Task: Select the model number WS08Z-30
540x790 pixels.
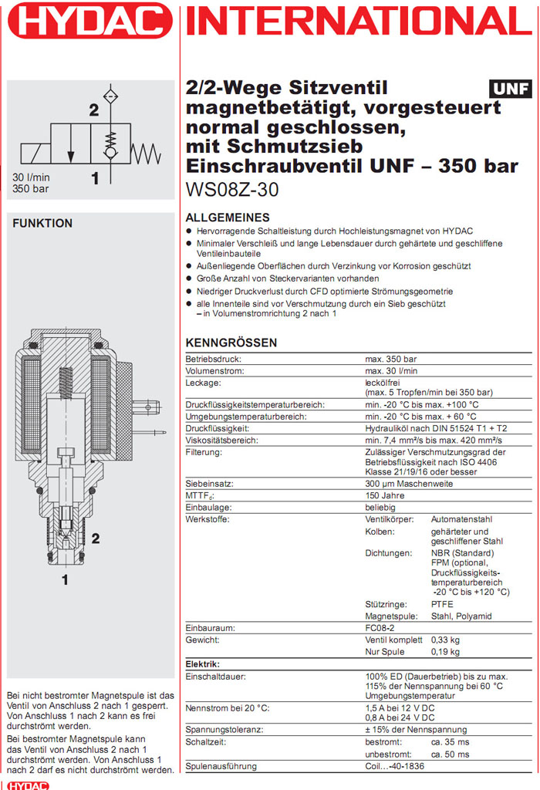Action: click(x=232, y=189)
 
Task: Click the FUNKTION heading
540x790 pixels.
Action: click(x=42, y=224)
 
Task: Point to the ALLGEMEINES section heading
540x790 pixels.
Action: click(x=228, y=218)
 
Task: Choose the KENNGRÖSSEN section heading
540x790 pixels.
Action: click(x=231, y=343)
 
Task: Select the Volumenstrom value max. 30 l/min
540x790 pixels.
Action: click(x=393, y=371)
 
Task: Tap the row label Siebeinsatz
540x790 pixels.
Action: click(x=208, y=484)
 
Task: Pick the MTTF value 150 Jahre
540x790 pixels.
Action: click(x=385, y=495)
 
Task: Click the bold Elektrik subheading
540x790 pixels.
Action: click(x=203, y=663)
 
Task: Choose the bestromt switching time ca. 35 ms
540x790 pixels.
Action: click(x=449, y=742)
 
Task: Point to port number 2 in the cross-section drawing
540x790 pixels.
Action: click(x=96, y=537)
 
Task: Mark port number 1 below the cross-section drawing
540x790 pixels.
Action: click(x=66, y=578)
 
